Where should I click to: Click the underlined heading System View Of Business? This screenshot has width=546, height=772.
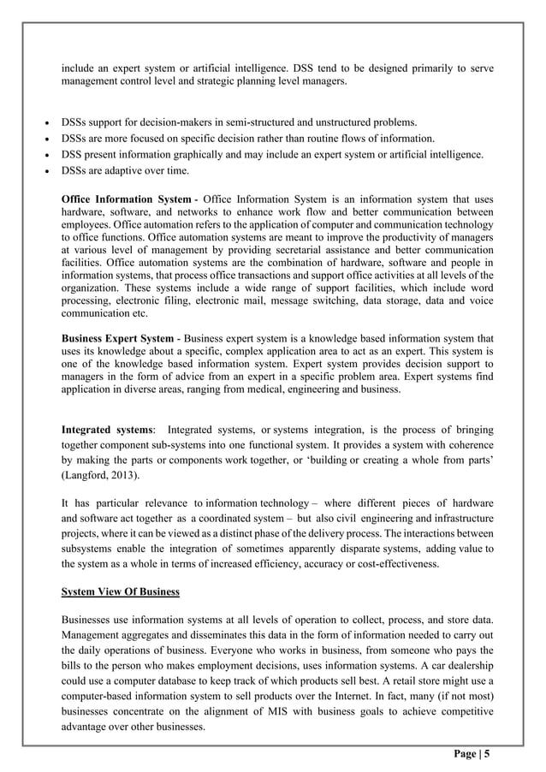pyautogui.click(x=120, y=591)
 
